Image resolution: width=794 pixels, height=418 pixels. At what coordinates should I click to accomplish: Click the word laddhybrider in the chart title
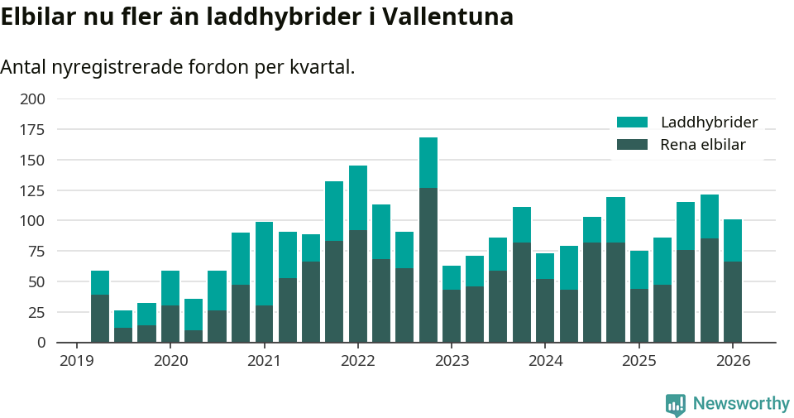280,17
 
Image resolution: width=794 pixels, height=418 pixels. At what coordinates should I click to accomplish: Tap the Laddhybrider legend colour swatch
632,123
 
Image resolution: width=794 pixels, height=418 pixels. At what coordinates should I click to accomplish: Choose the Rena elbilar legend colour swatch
632,145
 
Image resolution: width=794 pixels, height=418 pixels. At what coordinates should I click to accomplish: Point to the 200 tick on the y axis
32,99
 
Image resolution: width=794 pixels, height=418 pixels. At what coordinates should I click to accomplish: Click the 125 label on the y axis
32,190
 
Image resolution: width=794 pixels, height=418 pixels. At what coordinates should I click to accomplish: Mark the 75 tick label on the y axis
36,252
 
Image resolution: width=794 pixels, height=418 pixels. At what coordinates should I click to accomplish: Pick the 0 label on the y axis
41,343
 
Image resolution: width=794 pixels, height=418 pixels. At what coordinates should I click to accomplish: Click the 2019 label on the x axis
76,361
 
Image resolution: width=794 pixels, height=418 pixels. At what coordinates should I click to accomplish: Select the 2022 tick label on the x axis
358,361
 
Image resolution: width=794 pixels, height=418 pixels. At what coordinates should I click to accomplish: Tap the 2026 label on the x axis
733,361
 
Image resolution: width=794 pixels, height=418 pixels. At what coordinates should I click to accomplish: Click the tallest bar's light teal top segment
428,162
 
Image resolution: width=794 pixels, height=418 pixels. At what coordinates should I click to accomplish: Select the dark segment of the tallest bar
428,265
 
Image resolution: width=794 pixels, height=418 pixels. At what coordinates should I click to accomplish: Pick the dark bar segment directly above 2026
733,301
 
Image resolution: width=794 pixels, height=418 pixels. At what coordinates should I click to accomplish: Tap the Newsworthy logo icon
676,404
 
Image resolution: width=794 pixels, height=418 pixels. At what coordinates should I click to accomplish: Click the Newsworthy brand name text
741,404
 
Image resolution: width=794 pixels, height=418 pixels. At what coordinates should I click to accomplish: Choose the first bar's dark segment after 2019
100,318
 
